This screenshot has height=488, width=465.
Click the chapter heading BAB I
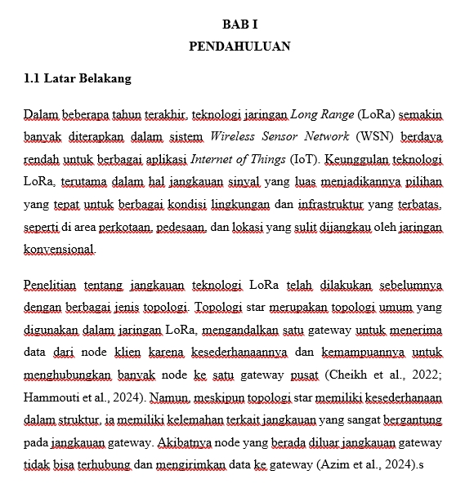[x=239, y=24]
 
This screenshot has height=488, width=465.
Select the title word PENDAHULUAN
[x=239, y=47]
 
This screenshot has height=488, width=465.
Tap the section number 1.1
[x=33, y=79]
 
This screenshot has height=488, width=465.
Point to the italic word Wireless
[x=234, y=135]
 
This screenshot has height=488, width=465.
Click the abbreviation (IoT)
[x=302, y=157]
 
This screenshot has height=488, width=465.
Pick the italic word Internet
[x=214, y=157]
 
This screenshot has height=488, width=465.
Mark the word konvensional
[x=59, y=249]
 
